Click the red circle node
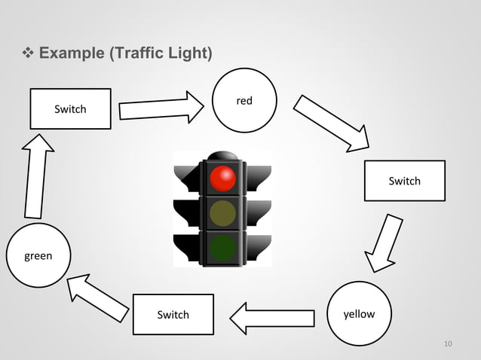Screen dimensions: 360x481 pyautogui.click(x=244, y=100)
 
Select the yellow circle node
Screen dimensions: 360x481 pyautogui.click(x=360, y=313)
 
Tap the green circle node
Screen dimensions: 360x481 pyautogui.click(x=38, y=255)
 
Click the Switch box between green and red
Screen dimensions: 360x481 pyautogui.click(x=70, y=108)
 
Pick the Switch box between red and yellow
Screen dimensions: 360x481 pyautogui.click(x=404, y=181)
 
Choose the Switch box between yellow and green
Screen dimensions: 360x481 pyautogui.click(x=173, y=314)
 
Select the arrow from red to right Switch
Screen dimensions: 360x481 pyautogui.click(x=332, y=122)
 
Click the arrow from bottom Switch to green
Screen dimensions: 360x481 pyautogui.click(x=97, y=295)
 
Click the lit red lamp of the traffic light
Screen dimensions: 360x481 pyautogui.click(x=222, y=178)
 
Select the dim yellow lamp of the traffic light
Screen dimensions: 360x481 pyautogui.click(x=222, y=213)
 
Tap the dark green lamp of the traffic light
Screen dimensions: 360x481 pyautogui.click(x=222, y=247)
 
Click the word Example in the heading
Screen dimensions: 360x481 pyautogui.click(x=72, y=53)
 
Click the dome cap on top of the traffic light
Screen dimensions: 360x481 pyautogui.click(x=222, y=155)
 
